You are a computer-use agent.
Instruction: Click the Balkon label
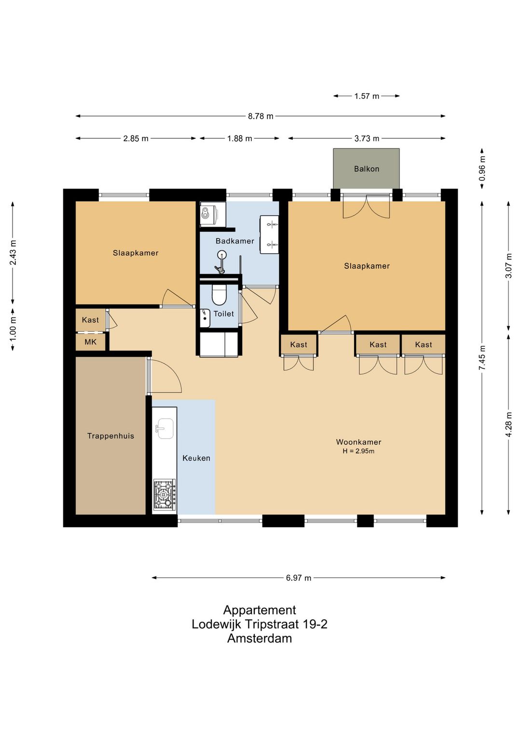tap(367, 169)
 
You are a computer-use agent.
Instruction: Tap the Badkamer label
tap(235, 241)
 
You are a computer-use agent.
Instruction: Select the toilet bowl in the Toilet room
tap(219, 294)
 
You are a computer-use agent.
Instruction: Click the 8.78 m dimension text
tap(260, 116)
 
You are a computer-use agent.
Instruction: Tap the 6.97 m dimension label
tap(299, 578)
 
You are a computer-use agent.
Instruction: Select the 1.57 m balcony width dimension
tap(367, 96)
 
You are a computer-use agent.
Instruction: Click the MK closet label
tap(90, 342)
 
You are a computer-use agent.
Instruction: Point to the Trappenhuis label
tap(110, 436)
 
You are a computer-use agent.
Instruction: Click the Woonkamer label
tap(358, 442)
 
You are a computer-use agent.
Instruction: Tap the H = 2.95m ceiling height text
tap(358, 451)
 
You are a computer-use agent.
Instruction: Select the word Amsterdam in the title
tap(260, 638)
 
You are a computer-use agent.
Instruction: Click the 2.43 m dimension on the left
tap(13, 252)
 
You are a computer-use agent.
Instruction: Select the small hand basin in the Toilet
tap(205, 317)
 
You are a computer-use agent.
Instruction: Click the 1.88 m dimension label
tap(240, 138)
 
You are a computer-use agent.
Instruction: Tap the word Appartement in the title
tap(260, 610)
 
